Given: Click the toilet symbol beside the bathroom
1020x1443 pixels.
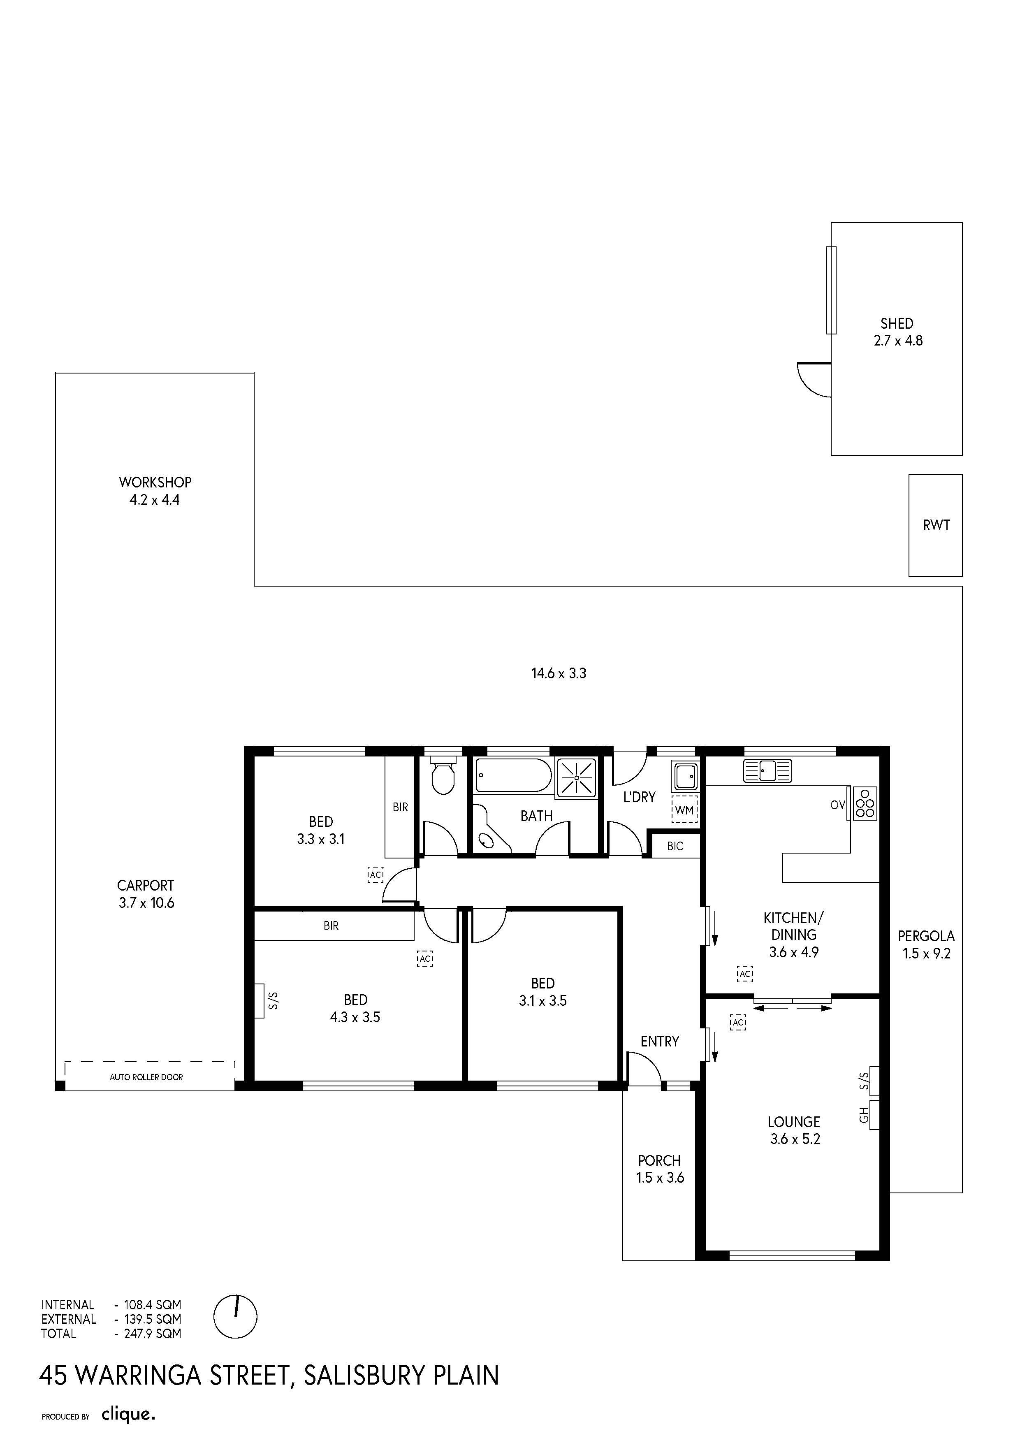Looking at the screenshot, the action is [x=444, y=777].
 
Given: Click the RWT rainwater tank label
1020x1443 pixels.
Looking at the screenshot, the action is [x=937, y=525].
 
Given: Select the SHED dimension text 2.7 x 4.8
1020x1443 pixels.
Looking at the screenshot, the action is [x=898, y=341].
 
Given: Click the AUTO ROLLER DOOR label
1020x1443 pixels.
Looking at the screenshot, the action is [x=146, y=1077].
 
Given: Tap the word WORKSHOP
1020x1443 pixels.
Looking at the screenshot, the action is [x=155, y=482].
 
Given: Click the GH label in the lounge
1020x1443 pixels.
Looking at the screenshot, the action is [x=864, y=1116].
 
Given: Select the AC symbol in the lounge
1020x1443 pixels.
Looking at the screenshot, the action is [x=738, y=1023].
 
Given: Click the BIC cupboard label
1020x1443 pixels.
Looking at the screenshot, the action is [x=675, y=847].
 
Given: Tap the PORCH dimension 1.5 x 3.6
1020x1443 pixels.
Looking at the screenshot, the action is [x=660, y=1178].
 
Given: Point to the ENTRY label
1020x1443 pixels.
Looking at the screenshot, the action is [x=660, y=1042].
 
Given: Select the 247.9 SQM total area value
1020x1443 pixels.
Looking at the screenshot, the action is [x=153, y=1334].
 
